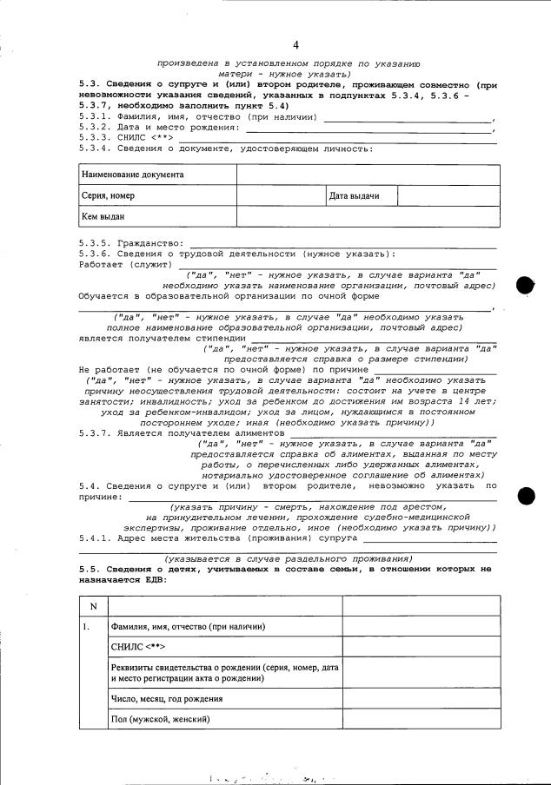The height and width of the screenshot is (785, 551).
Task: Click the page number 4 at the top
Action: [x=295, y=44]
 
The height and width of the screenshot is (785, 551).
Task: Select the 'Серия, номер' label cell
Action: [x=109, y=195]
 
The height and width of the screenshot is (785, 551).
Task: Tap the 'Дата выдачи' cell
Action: [x=354, y=195]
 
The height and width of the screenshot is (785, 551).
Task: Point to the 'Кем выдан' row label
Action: [x=102, y=216]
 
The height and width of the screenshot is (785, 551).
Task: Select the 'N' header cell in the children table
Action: [x=93, y=605]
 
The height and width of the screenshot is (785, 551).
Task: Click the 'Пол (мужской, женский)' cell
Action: [x=161, y=719]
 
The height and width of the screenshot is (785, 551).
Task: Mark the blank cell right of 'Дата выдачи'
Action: [x=448, y=195]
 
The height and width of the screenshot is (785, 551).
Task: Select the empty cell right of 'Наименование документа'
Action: [x=368, y=175]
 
